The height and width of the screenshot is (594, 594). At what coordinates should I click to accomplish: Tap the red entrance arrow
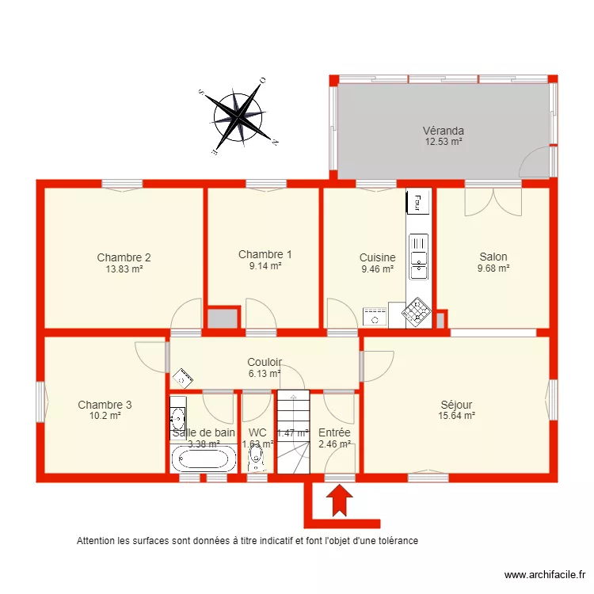click(339, 501)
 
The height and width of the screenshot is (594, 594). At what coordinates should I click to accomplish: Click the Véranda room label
click(443, 131)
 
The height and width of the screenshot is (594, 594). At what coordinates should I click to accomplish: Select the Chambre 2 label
click(124, 257)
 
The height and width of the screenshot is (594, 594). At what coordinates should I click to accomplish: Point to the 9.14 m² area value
click(265, 266)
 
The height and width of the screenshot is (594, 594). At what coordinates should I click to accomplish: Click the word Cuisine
click(377, 257)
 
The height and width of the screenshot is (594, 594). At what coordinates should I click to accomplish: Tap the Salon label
click(493, 257)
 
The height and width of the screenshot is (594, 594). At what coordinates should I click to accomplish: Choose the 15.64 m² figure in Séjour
click(456, 415)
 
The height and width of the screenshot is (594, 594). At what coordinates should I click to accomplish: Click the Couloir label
click(264, 362)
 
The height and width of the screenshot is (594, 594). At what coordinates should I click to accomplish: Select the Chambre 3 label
click(105, 405)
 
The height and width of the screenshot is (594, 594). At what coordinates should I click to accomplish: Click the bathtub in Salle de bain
click(203, 458)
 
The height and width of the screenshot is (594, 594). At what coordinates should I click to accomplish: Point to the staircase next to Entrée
click(291, 432)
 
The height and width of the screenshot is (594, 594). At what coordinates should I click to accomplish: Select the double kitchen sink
click(417, 257)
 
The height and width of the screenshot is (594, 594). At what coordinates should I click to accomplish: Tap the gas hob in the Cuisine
click(417, 314)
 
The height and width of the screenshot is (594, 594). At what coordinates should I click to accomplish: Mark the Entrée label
click(334, 432)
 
